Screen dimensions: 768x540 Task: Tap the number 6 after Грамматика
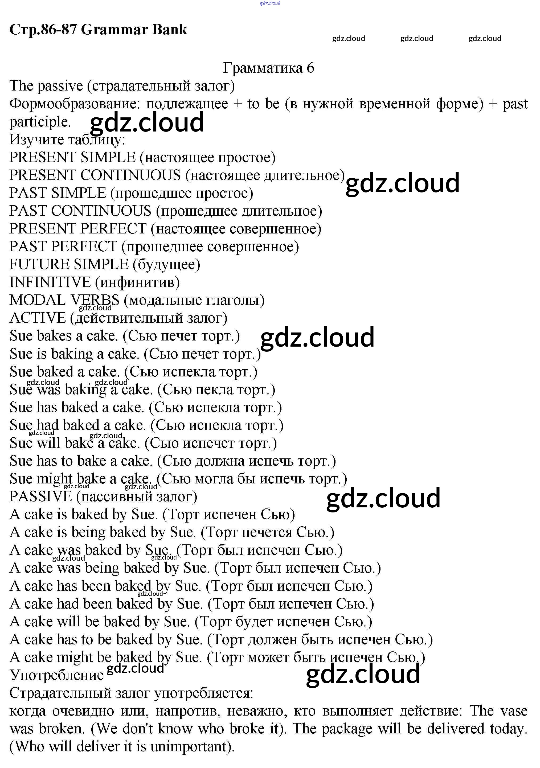[310, 68]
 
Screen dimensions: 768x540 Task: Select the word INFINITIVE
[50, 282]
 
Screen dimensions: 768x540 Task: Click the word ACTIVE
[38, 318]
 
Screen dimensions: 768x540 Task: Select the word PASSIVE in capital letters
[40, 496]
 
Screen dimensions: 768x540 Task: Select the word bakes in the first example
[54, 336]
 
